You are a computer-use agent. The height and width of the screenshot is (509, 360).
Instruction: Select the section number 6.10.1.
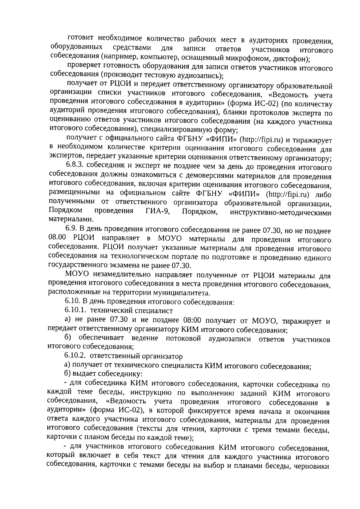tap(76, 310)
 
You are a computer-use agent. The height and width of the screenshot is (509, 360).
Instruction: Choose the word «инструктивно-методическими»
tap(280, 213)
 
